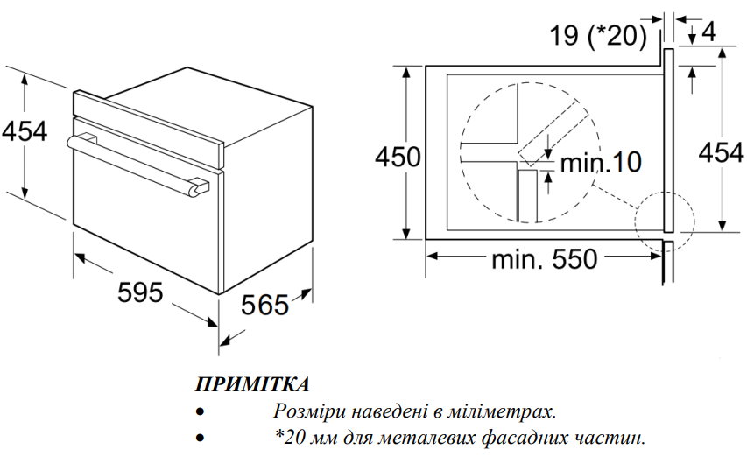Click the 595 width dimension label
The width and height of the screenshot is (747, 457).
click(x=140, y=292)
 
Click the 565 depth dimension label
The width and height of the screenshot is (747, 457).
click(x=264, y=304)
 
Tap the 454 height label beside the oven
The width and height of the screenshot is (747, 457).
click(x=24, y=130)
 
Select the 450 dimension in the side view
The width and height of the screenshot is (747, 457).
click(x=398, y=157)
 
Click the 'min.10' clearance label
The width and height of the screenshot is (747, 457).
click(x=601, y=161)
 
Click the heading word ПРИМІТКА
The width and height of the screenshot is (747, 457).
click(x=251, y=385)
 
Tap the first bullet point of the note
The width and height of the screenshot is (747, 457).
click(x=201, y=411)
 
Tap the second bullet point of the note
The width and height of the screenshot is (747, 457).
click(x=201, y=437)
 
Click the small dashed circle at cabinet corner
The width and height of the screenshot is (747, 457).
click(x=664, y=221)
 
